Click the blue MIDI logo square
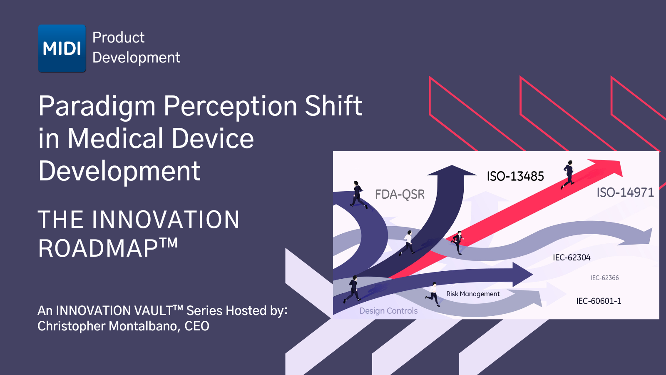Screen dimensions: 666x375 click(62, 48)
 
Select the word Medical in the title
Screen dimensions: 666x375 click(116, 138)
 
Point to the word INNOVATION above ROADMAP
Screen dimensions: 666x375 click(165, 219)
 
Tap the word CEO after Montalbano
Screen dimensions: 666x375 click(197, 326)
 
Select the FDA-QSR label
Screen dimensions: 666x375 click(400, 194)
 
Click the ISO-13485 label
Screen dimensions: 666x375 click(515, 176)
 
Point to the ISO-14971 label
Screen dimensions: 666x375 click(625, 192)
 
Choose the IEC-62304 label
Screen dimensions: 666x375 click(572, 257)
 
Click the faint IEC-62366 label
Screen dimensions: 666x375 click(604, 277)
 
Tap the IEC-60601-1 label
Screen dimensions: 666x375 click(599, 301)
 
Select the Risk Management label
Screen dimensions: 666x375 click(473, 294)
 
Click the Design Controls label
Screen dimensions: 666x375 click(388, 311)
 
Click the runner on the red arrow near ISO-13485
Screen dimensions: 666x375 click(568, 175)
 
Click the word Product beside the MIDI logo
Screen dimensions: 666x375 click(118, 37)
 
